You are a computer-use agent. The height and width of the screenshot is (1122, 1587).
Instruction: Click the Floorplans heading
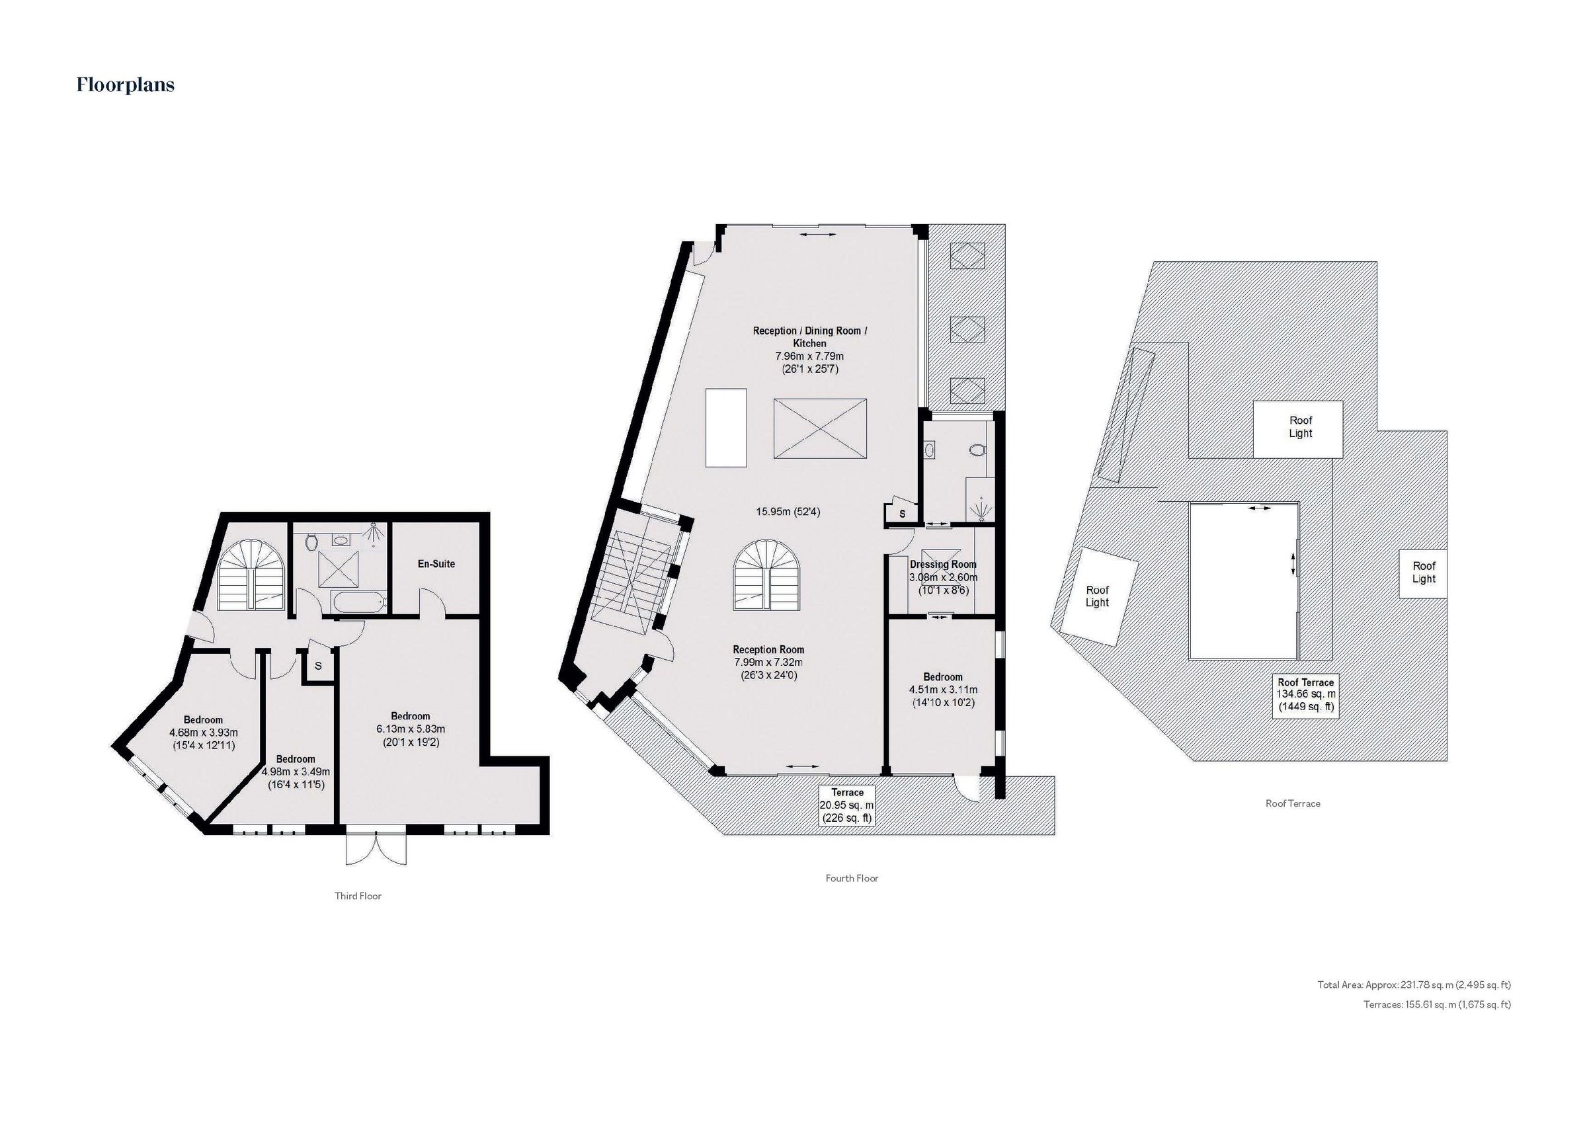tap(125, 85)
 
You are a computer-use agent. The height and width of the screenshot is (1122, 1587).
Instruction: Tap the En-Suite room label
tap(436, 563)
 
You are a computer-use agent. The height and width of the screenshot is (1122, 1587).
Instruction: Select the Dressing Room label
tap(943, 564)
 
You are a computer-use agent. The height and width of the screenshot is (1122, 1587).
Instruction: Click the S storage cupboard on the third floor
tap(318, 666)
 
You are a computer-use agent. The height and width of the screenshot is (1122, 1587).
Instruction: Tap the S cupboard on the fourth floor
tap(901, 514)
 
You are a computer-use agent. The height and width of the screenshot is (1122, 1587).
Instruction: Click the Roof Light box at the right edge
tap(1423, 573)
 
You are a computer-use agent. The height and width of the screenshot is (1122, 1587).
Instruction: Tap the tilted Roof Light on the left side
tap(1098, 596)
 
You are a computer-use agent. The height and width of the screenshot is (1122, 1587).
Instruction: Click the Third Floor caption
tap(358, 896)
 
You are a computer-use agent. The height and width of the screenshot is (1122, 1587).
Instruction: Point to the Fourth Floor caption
tap(852, 879)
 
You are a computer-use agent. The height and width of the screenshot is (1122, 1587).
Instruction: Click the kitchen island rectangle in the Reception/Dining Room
tap(726, 427)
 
